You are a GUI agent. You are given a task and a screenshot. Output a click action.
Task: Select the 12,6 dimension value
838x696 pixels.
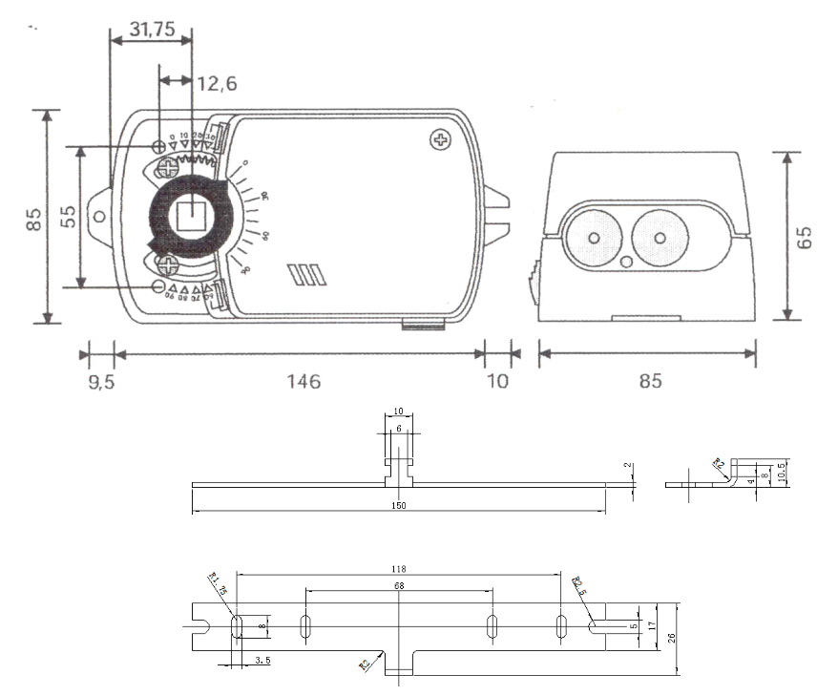(x=218, y=84)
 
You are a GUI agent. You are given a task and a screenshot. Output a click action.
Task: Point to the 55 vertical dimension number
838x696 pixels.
(x=68, y=216)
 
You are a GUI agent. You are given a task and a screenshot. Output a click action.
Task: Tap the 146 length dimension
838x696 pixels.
(x=302, y=381)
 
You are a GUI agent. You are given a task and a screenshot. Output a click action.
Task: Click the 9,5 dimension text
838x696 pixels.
(x=99, y=381)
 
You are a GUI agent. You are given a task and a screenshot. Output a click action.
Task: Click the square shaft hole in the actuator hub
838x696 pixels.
(x=194, y=218)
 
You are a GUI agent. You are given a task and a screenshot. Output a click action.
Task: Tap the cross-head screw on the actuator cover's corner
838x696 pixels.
(x=441, y=140)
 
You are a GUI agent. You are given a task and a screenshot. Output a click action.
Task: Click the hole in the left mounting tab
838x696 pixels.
(x=99, y=217)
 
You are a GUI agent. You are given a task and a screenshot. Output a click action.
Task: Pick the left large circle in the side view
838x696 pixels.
(x=593, y=238)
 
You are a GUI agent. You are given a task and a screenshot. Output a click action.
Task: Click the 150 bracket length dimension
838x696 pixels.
(x=398, y=505)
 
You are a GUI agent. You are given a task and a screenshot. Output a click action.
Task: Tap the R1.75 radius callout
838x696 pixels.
(x=217, y=583)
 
